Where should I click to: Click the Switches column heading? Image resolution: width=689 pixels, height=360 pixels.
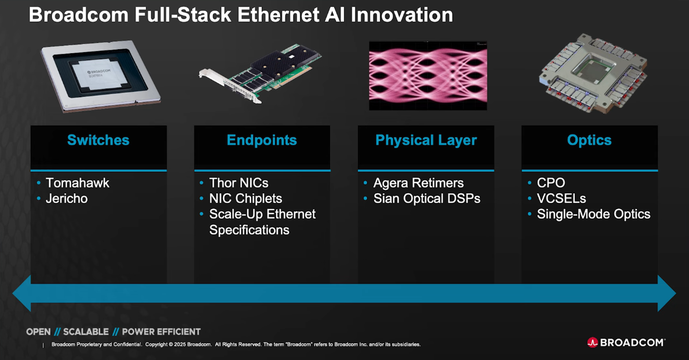[98, 140]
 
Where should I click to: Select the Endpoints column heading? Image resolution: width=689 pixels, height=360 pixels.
[262, 140]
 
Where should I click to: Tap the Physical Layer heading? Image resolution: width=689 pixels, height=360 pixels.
[426, 140]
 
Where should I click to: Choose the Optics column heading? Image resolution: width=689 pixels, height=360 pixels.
[589, 140]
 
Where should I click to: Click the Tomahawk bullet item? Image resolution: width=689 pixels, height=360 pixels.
[77, 183]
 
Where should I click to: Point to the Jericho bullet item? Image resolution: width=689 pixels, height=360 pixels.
[67, 199]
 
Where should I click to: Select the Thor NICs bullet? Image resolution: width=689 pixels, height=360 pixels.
[239, 183]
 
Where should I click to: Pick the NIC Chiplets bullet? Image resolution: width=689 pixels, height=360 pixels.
[245, 199]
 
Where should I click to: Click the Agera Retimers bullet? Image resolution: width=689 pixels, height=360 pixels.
[418, 183]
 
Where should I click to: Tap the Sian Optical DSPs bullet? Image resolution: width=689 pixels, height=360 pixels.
[426, 199]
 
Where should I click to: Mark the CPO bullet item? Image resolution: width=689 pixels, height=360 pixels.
[551, 183]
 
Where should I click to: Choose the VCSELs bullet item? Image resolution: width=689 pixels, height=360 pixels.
[561, 199]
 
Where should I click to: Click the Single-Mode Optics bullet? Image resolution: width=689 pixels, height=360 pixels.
[593, 214]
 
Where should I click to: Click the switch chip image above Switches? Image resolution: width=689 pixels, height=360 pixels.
[100, 76]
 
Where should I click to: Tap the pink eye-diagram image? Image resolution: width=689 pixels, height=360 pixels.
[428, 75]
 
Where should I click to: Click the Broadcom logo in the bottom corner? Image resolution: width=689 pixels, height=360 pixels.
[626, 342]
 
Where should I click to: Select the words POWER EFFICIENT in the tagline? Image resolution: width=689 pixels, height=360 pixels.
[161, 332]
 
